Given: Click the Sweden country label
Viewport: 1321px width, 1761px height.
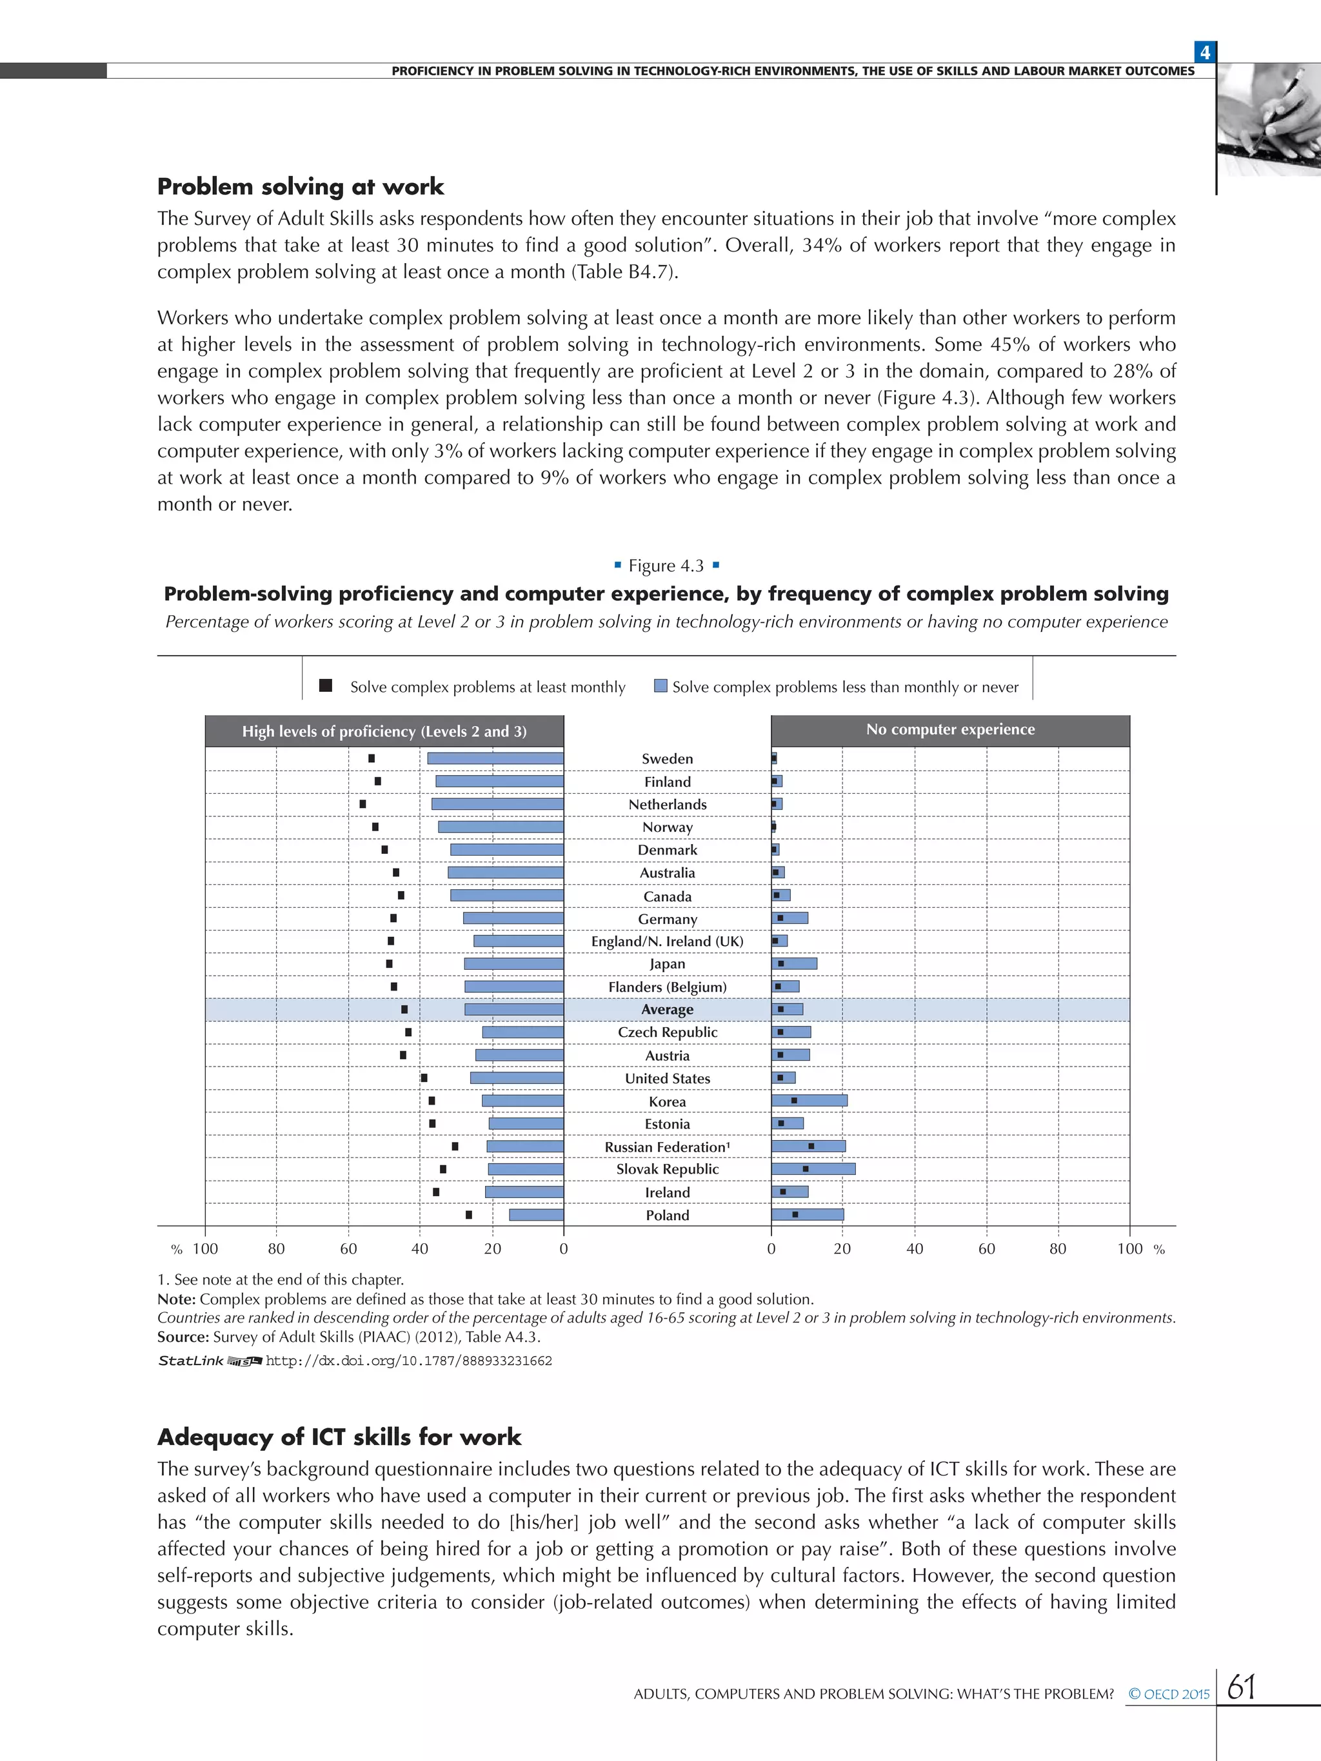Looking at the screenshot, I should [x=667, y=759].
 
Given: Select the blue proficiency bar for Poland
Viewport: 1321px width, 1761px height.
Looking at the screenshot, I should [x=536, y=1215].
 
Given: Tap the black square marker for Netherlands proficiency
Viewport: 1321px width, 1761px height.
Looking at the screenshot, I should [x=363, y=804].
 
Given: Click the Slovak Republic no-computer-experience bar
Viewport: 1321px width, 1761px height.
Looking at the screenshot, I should [x=813, y=1168].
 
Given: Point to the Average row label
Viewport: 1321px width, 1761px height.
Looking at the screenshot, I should [x=667, y=1010].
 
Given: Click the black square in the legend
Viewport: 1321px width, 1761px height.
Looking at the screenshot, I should [x=326, y=685].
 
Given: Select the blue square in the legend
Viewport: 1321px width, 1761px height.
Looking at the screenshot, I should [x=660, y=685].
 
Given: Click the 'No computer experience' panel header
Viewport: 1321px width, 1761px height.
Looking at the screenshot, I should [x=950, y=730].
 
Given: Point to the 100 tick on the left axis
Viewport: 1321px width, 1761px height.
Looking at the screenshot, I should [x=204, y=1249].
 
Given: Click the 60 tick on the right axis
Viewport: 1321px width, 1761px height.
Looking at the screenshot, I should [x=987, y=1249].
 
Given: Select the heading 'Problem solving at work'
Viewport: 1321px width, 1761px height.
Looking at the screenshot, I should [x=300, y=187].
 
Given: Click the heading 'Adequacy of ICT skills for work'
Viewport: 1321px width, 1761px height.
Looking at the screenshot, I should [x=339, y=1437].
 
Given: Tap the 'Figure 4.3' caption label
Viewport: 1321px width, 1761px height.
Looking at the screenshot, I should [x=666, y=566].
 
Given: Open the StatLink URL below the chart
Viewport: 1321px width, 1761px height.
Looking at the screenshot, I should [x=408, y=1361].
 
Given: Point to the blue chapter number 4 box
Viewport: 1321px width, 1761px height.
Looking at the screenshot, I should [x=1205, y=52].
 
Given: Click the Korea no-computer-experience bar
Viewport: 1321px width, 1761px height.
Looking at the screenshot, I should [x=809, y=1100].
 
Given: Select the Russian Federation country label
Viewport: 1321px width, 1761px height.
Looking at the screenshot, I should [x=666, y=1146].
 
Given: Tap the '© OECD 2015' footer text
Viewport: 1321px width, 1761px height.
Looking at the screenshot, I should [x=1168, y=1694].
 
